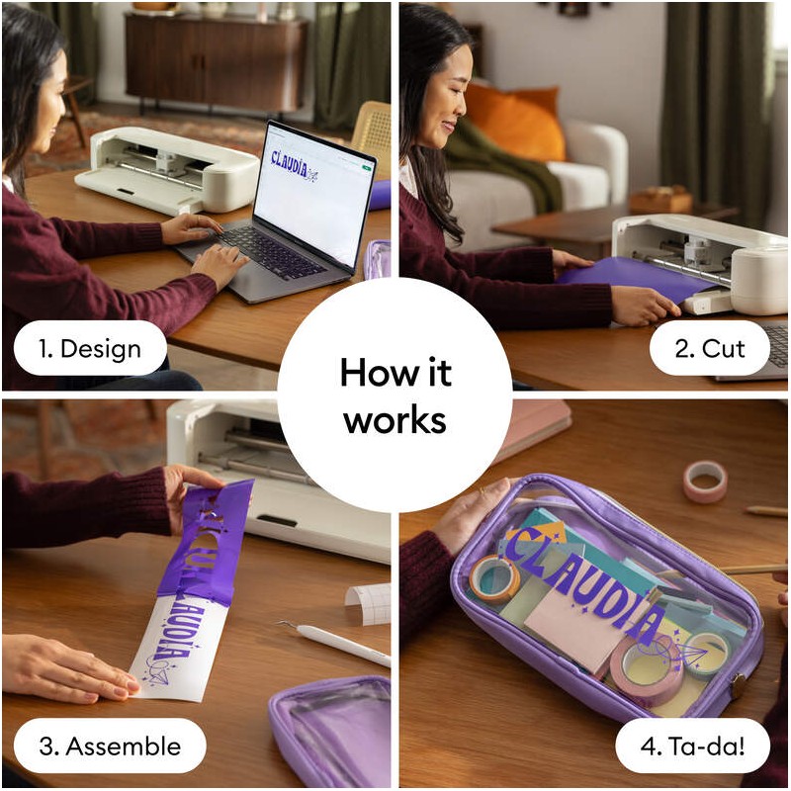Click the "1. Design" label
coord(90,348)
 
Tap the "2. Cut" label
coord(709,348)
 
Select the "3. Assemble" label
coord(110,746)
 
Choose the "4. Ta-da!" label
coord(692,746)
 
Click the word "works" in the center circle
coord(395,420)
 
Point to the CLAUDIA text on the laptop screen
coord(289,163)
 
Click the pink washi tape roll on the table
coord(705,482)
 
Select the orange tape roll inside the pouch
coord(494,578)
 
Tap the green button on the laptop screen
coord(366,168)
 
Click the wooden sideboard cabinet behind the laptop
coord(216,62)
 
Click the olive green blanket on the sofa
coord(504,161)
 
